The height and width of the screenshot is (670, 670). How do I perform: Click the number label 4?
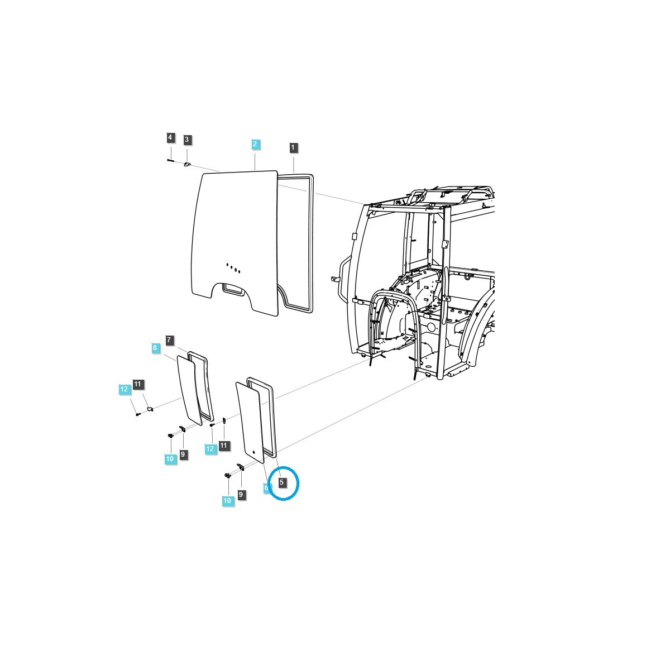(x=170, y=137)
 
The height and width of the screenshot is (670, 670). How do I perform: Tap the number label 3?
(x=187, y=140)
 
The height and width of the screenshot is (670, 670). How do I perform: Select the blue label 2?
(x=255, y=144)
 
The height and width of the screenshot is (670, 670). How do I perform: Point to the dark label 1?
(x=294, y=147)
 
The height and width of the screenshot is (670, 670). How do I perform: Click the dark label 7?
(x=170, y=340)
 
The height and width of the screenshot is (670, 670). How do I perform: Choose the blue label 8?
(x=155, y=348)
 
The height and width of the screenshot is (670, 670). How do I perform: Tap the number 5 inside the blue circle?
(x=282, y=482)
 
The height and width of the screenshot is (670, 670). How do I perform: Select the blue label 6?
(x=266, y=487)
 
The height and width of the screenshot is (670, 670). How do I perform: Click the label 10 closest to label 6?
(x=227, y=501)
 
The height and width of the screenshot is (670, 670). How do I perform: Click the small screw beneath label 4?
(x=170, y=161)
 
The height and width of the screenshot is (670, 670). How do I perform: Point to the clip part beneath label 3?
(x=188, y=164)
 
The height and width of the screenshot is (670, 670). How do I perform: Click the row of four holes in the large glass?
(x=233, y=267)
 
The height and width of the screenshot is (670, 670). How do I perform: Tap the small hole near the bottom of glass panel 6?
(x=252, y=451)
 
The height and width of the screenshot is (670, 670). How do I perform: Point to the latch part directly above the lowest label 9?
(x=240, y=467)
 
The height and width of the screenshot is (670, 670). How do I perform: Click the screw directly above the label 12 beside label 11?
(x=212, y=425)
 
